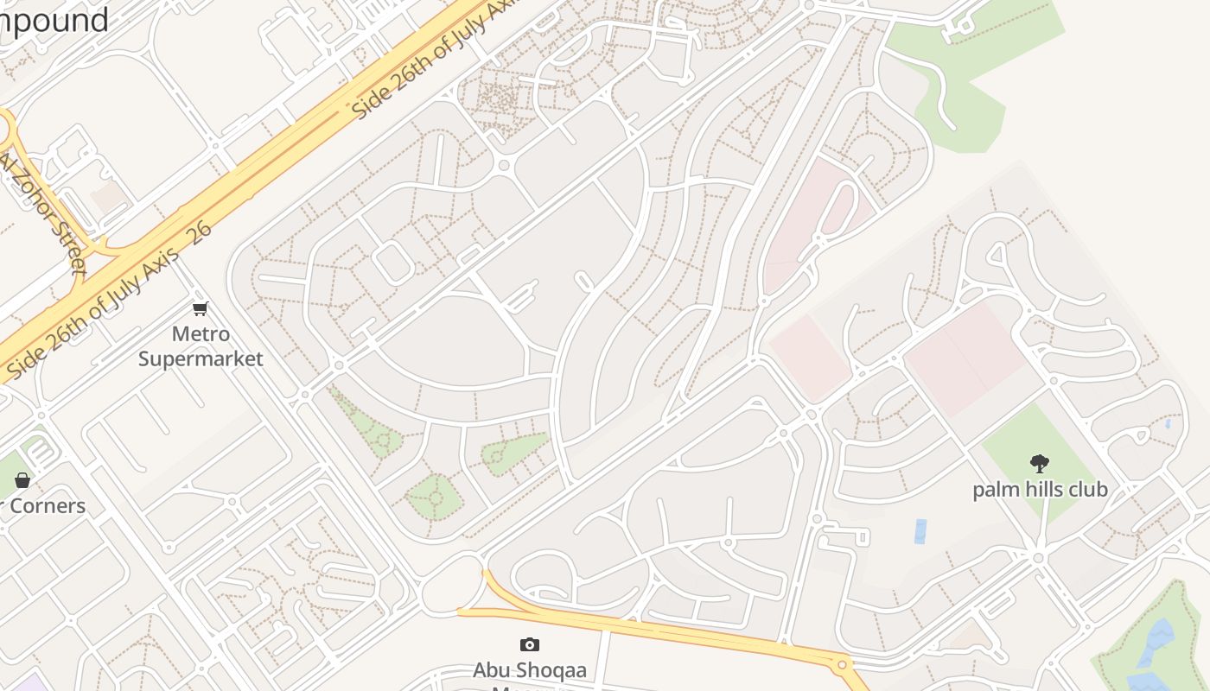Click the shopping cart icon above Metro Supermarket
coord(201,308)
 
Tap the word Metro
coord(201,334)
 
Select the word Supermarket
coord(201,358)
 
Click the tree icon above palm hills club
coord(1040,464)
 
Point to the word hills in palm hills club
coord(1041,490)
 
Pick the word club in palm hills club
coord(1086,490)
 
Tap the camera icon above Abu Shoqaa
coord(530,644)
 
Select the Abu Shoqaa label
coord(530,670)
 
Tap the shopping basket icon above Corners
coord(22,479)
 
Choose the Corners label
coord(48,506)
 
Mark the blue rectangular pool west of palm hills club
coord(920,531)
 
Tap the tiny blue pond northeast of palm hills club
coord(1168,424)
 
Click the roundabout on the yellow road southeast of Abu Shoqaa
coord(841,665)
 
